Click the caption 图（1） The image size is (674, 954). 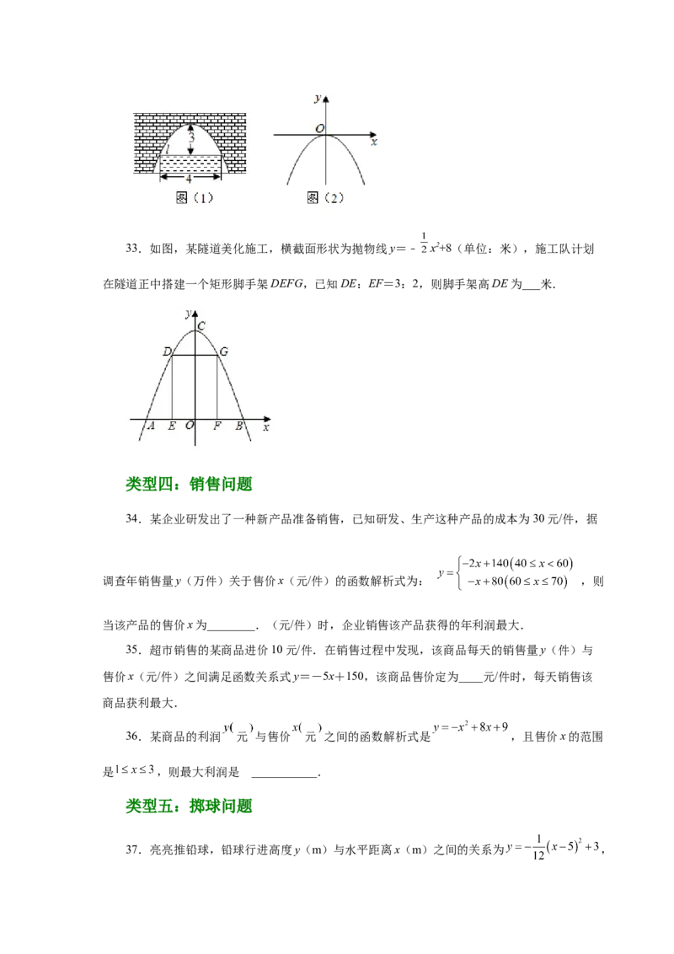click(x=194, y=198)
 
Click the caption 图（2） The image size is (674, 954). click(x=325, y=198)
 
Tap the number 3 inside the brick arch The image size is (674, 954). click(x=191, y=138)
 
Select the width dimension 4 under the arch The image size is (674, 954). click(x=189, y=180)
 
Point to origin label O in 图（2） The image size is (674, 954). click(x=319, y=128)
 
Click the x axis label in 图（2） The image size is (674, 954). click(x=374, y=142)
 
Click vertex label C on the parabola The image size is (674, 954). click(x=201, y=325)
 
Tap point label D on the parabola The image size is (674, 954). click(x=168, y=351)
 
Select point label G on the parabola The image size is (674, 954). click(x=224, y=351)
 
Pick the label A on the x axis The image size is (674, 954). click(x=151, y=426)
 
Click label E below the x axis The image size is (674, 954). click(x=172, y=426)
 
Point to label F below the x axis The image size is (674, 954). click(x=217, y=426)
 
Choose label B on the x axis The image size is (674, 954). click(x=239, y=426)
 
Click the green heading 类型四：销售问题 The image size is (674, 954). click(x=189, y=485)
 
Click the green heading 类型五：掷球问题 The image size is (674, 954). click(x=189, y=807)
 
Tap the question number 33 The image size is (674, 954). click(x=133, y=249)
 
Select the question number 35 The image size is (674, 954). click(x=133, y=650)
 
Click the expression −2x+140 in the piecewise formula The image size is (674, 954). click(x=484, y=564)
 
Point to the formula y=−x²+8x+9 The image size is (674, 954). click(x=471, y=727)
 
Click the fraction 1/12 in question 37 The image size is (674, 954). click(x=538, y=848)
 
